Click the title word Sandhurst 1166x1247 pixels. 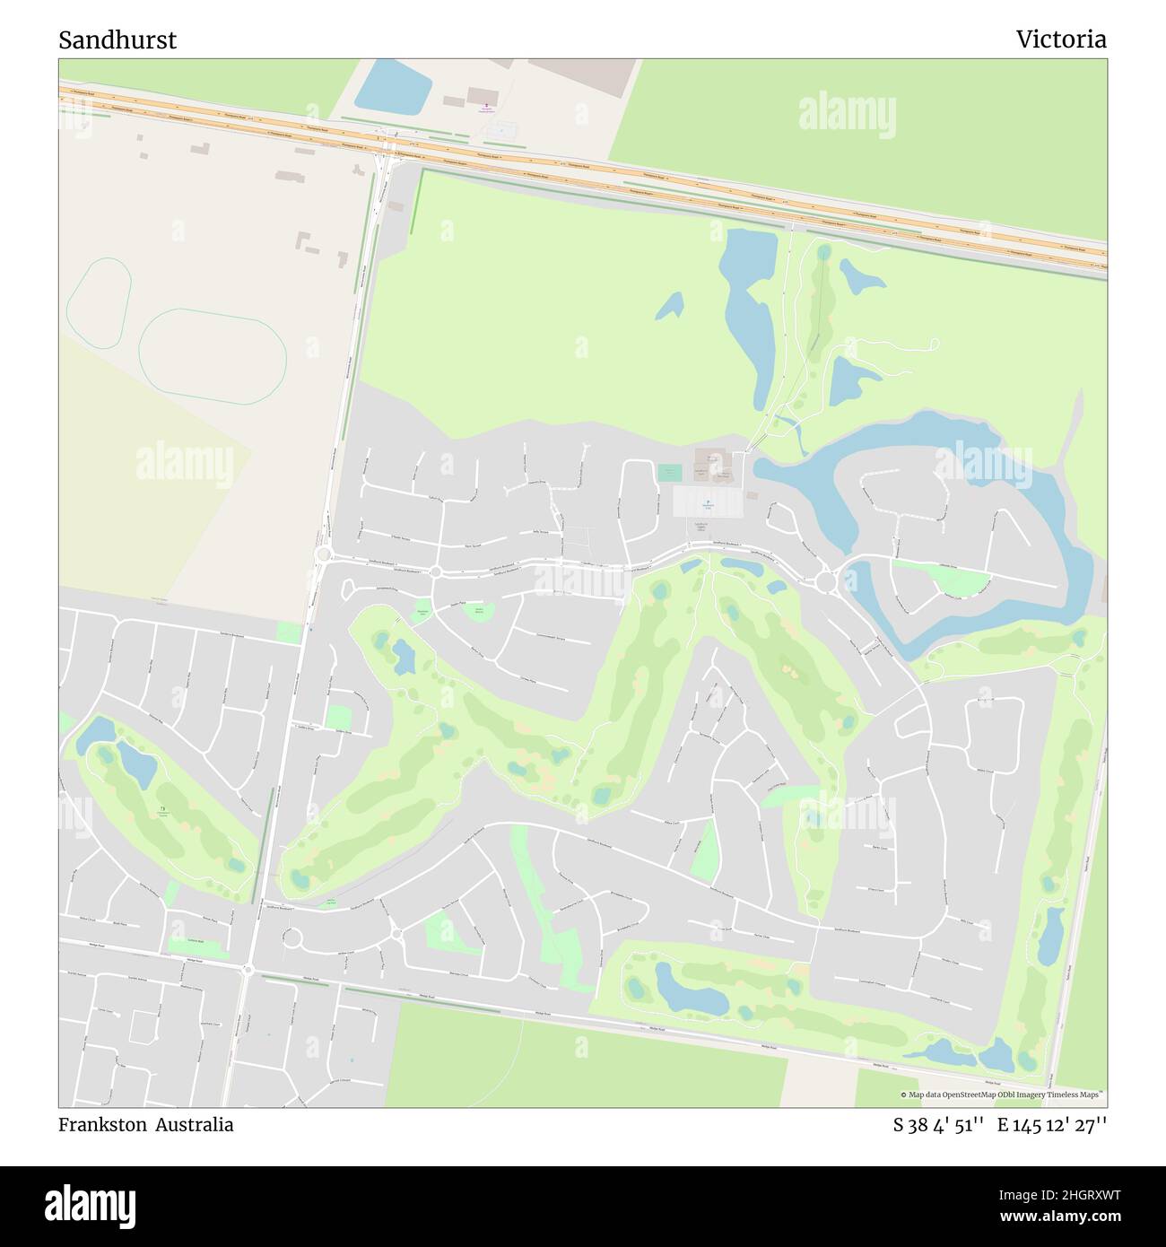tap(117, 39)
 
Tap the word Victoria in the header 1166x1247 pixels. tap(1061, 39)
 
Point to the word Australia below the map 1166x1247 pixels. tap(193, 1125)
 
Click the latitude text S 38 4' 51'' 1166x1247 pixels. tap(939, 1125)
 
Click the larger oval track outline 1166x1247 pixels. tap(213, 354)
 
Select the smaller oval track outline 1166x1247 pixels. tap(100, 302)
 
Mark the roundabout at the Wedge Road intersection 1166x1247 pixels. tap(248, 968)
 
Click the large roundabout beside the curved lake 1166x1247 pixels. tap(826, 583)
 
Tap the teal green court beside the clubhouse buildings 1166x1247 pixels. tap(669, 472)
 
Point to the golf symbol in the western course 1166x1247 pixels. tap(162, 810)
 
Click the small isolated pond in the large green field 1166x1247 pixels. tap(668, 307)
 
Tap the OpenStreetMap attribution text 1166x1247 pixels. tap(1004, 1094)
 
